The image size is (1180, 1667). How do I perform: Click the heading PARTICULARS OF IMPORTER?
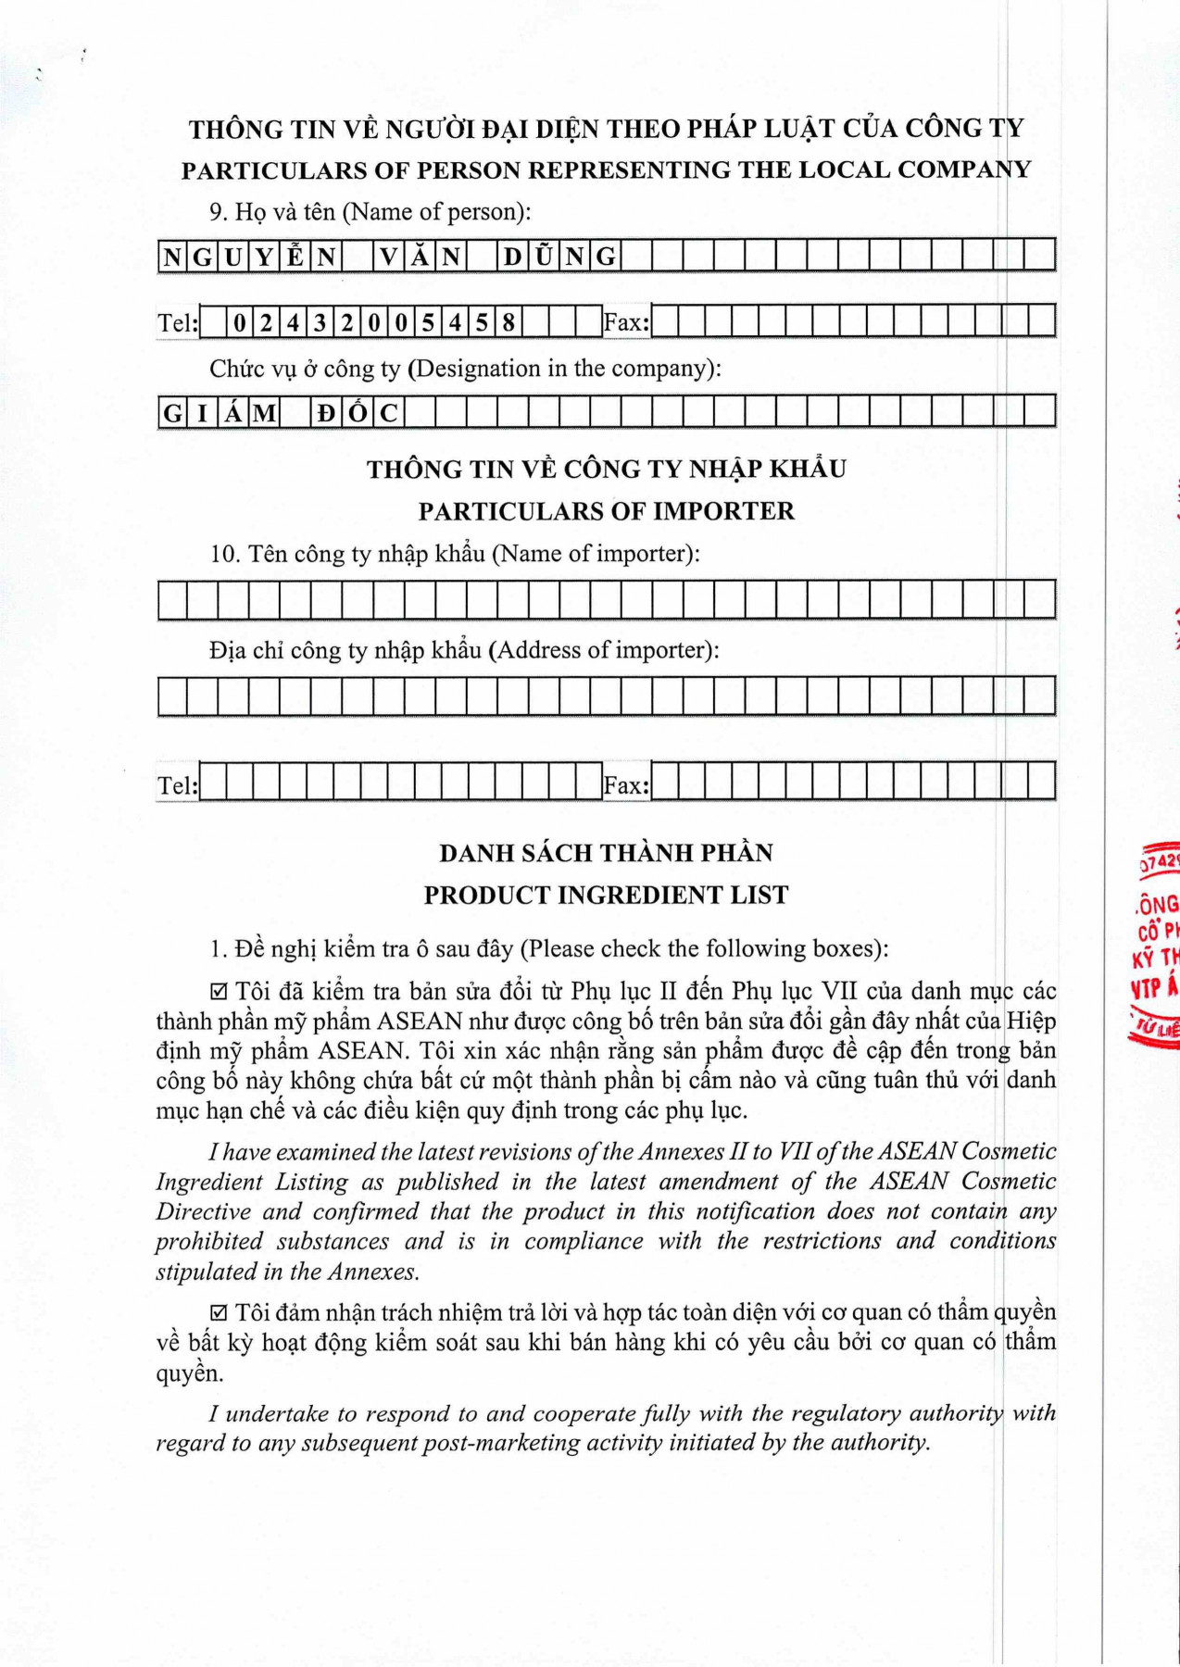pos(606,511)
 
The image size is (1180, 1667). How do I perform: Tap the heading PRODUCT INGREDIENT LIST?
pos(606,896)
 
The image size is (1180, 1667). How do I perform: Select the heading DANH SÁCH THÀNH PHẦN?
pos(606,853)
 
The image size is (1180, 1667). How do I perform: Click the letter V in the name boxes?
pos(389,257)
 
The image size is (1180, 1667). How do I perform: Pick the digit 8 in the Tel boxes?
pos(508,323)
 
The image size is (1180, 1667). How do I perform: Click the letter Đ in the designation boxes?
pos(326,413)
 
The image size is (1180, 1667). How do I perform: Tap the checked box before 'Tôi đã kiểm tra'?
pos(220,993)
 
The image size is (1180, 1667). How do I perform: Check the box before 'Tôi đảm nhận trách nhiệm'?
pos(220,1313)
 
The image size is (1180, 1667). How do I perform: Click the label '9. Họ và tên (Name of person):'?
pos(370,212)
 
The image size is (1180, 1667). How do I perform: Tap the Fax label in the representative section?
pos(626,323)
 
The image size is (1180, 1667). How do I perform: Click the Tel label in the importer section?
pos(177,786)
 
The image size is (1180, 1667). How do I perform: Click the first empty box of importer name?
pos(172,600)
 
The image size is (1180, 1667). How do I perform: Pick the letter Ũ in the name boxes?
pos(544,257)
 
